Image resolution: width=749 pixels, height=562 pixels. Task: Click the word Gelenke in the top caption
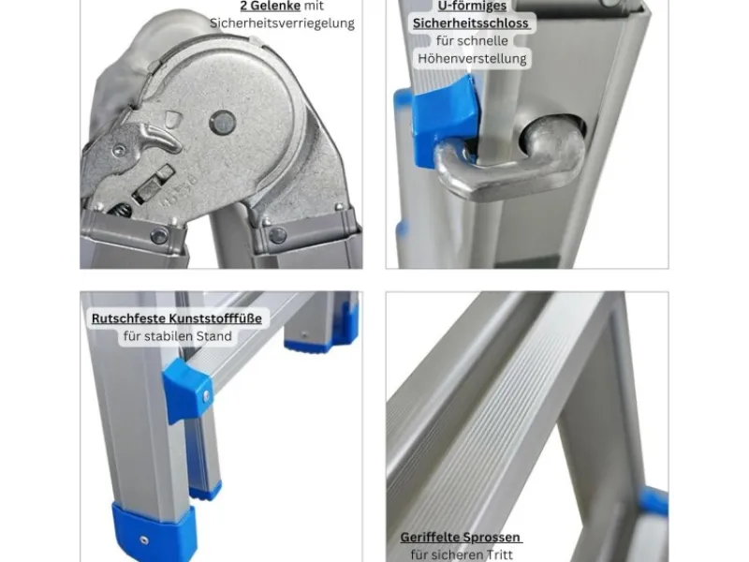point(277,6)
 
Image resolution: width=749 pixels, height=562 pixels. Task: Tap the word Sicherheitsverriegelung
point(283,23)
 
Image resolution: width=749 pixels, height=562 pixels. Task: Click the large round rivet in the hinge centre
point(223,123)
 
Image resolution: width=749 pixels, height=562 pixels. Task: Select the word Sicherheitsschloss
point(471,23)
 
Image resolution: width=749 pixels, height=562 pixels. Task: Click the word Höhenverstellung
point(472,59)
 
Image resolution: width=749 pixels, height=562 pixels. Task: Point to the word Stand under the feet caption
point(213,336)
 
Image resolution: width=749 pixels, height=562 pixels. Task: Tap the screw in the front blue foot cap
point(143,540)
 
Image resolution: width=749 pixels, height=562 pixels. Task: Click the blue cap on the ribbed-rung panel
point(654,501)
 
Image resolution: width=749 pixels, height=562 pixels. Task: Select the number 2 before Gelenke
point(244,6)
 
